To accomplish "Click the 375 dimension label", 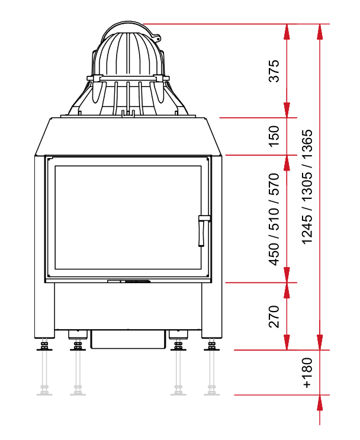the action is (x=274, y=70).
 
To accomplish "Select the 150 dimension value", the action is (x=274, y=136).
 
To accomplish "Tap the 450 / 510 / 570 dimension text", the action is (x=274, y=219).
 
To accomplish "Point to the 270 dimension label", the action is (x=274, y=317).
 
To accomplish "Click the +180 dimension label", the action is (x=307, y=372).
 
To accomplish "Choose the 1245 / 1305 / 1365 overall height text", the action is (x=307, y=187).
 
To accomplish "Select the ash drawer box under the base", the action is (x=128, y=339).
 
